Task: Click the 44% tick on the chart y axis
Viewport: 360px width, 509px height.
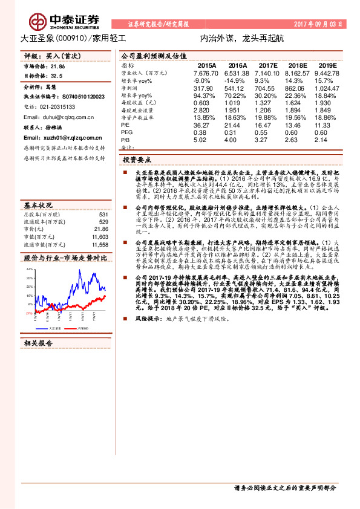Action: [30, 267]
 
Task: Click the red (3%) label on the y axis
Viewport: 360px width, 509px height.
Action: [29, 313]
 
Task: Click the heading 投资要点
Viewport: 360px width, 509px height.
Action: [137, 160]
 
